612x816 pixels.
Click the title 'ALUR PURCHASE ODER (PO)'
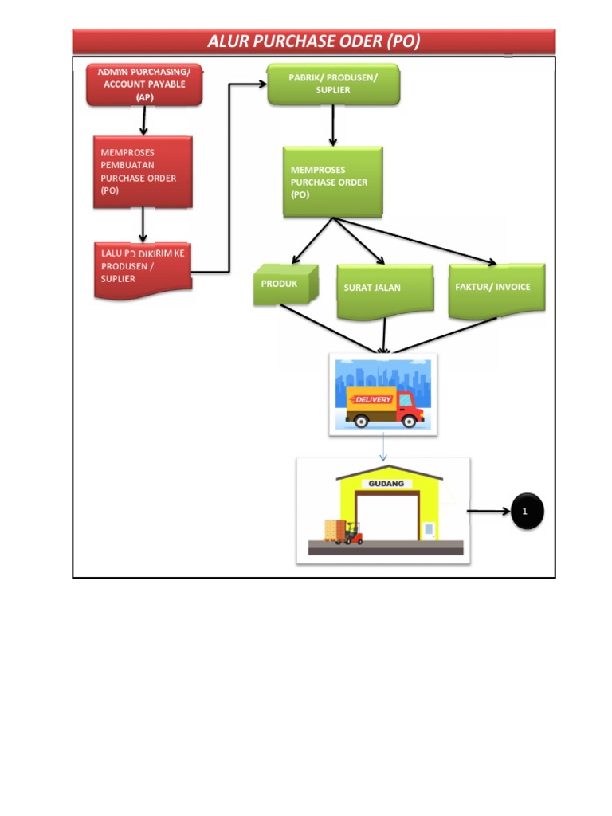(313, 41)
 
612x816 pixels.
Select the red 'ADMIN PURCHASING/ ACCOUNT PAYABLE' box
(144, 84)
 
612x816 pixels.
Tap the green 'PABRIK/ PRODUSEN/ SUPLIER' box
(332, 84)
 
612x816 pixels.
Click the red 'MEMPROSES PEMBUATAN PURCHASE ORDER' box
(143, 172)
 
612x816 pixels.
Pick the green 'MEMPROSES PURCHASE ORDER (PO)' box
(332, 182)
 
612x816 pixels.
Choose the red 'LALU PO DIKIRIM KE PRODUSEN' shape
(143, 269)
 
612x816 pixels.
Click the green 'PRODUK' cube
(284, 284)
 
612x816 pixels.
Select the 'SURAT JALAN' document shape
(384, 288)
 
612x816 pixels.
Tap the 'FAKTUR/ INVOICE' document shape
(496, 288)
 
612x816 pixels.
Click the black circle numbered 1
(524, 511)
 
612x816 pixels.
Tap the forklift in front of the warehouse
(350, 533)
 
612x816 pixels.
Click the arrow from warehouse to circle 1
(488, 511)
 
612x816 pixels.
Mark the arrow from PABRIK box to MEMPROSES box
(333, 125)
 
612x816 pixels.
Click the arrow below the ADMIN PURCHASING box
(143, 120)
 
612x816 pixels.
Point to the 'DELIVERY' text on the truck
(372, 398)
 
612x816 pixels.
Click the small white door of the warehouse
(430, 529)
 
